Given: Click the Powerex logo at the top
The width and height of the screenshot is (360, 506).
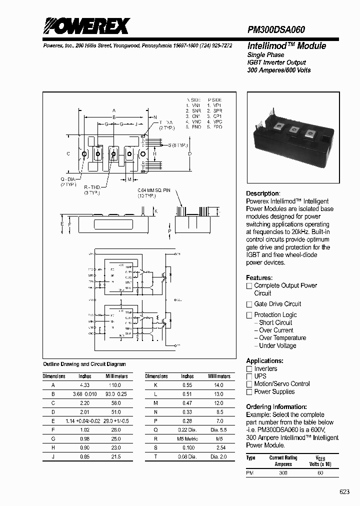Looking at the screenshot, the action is click(86, 26).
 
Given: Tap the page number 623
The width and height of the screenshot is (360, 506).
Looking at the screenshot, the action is click(344, 492).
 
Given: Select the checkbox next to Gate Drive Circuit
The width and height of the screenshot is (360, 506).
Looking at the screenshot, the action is click(249, 304).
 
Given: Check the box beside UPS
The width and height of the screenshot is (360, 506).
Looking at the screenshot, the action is click(249, 376).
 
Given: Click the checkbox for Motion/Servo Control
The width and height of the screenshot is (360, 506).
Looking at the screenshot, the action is click(249, 384).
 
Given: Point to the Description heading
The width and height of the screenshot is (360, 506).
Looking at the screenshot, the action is click(262, 193).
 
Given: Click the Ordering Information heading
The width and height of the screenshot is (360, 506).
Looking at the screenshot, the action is click(276, 406).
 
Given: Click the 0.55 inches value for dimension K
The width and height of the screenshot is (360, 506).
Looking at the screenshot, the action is click(187, 385).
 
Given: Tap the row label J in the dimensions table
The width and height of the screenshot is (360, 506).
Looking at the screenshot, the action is click(53, 456).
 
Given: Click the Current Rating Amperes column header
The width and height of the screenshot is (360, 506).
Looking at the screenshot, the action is click(283, 460).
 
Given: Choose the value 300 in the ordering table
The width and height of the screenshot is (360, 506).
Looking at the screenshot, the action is click(283, 472).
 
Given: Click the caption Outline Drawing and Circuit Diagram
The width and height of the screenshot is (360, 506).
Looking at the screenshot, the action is click(84, 364).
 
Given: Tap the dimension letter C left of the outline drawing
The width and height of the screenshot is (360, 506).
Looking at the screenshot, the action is click(68, 154).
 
